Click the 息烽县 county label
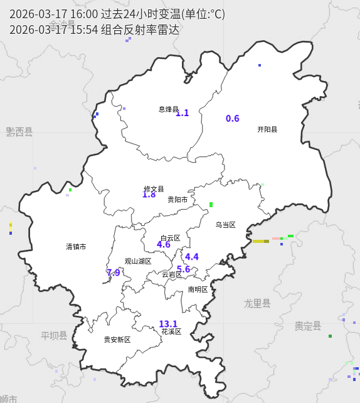coord(168,109)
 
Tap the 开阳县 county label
coord(267,129)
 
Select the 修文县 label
coord(154,189)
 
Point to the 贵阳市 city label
coord(177,200)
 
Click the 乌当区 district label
coord(225,225)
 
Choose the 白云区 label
coord(170,238)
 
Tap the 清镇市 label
coord(76,247)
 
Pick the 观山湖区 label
coord(138,261)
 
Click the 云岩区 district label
coord(172,274)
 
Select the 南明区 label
coord(198,289)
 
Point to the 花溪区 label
coord(171,331)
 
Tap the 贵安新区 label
coord(117,340)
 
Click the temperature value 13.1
coord(168,324)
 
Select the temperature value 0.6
coord(233,119)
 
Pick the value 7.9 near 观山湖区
coord(113,272)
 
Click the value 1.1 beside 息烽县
coord(182,113)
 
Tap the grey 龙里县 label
coord(257,304)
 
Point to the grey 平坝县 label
coord(54,336)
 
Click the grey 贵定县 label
coord(308,326)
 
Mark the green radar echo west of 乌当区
coord(211,204)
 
